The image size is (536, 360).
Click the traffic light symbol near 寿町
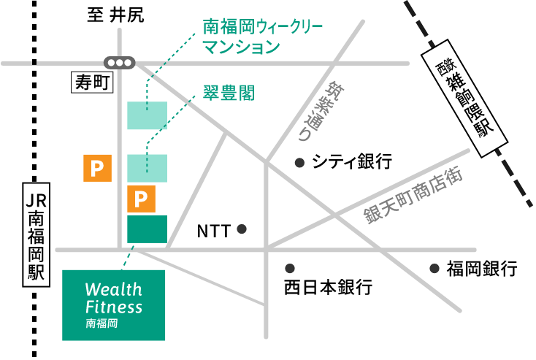120,63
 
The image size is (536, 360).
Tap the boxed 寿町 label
91,83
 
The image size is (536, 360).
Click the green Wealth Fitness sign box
113,305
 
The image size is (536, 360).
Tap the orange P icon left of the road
96,169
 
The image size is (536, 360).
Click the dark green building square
147,229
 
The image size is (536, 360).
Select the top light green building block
147,115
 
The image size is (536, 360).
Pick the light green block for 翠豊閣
147,168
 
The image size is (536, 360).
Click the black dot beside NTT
242,229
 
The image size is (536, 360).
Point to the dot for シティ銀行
298,163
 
